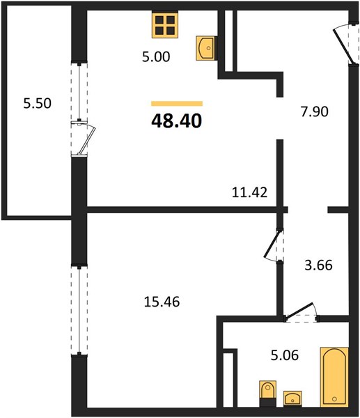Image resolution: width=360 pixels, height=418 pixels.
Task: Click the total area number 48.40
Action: (x=176, y=121)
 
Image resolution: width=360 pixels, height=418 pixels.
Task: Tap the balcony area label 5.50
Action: (x=38, y=103)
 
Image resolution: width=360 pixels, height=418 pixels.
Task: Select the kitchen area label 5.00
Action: (x=156, y=57)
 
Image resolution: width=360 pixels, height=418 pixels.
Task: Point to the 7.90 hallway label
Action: (x=315, y=111)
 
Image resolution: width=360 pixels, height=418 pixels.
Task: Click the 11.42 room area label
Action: (x=249, y=192)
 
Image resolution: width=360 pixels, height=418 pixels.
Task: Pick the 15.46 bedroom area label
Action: (x=162, y=302)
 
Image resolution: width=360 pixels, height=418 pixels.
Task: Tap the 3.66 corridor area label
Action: (x=318, y=265)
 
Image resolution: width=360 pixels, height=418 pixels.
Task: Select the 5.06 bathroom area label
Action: (x=285, y=355)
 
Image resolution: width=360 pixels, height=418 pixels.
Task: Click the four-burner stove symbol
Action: (x=165, y=25)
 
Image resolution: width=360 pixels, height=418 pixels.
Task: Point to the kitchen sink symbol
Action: (x=205, y=48)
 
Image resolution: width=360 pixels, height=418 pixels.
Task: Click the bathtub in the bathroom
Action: (x=334, y=377)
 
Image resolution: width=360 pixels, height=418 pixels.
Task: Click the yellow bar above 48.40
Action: (x=177, y=103)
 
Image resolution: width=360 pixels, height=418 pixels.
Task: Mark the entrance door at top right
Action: (x=344, y=45)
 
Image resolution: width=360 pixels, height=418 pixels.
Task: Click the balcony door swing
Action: (x=85, y=139)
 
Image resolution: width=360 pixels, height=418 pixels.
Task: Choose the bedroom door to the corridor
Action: (x=274, y=245)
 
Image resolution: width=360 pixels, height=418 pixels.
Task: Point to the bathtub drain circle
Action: (x=334, y=398)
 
